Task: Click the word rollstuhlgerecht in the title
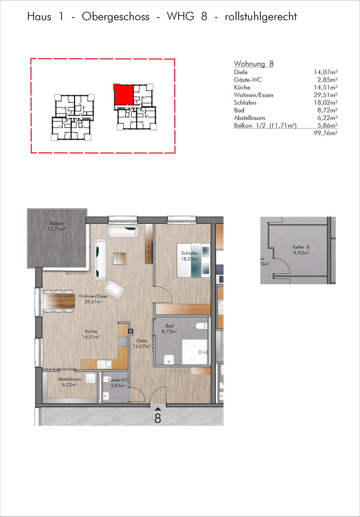[x=261, y=16]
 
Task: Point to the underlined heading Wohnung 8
[x=254, y=64]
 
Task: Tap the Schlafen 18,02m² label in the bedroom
[x=190, y=256]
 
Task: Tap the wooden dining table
[x=59, y=301]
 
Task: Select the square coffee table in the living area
[x=119, y=258]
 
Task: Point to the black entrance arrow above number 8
[x=158, y=409]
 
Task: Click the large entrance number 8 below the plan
[x=158, y=418]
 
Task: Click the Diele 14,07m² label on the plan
[x=142, y=344]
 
